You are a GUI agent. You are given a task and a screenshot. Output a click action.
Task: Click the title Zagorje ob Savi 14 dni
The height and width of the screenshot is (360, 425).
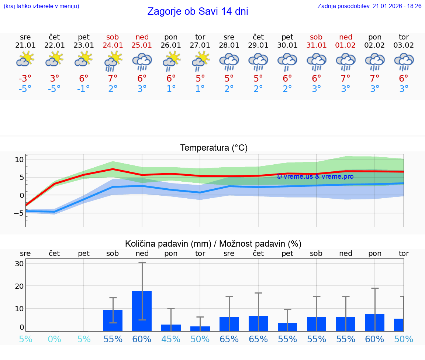tap(197, 11)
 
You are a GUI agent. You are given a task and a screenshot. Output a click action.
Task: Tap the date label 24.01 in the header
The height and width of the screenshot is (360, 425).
tap(113, 45)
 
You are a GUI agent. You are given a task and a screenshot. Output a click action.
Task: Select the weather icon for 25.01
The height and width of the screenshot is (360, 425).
tap(142, 62)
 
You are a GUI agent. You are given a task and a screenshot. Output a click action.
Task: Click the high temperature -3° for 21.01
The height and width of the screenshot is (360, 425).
tap(25, 79)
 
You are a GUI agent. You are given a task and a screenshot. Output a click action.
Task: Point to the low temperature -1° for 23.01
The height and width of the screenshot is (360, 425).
tap(83, 89)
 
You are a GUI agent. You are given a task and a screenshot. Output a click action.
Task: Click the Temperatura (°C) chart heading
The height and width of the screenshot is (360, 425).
tap(214, 148)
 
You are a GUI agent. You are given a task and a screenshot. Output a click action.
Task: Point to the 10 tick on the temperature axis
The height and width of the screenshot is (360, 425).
tap(20, 160)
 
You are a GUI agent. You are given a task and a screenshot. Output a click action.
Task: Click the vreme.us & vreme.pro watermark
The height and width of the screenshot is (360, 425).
tap(315, 176)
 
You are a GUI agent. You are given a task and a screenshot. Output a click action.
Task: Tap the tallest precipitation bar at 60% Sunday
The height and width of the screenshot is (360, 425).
tap(142, 311)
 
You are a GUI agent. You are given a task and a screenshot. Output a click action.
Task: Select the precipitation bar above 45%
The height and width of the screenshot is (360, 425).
tap(171, 328)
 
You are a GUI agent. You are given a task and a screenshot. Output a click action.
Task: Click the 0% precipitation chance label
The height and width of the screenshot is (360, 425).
tap(54, 339)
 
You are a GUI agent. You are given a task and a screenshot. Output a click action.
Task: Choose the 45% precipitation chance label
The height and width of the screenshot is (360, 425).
tap(171, 339)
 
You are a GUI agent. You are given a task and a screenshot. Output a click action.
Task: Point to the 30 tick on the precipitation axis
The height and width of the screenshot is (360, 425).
tap(20, 264)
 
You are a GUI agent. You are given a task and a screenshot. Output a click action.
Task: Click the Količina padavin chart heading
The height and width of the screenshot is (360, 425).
tap(213, 244)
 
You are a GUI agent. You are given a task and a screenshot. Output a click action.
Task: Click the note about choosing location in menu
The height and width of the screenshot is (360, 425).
tap(41, 6)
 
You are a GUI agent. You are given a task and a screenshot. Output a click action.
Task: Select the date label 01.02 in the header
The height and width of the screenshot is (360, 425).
tap(346, 45)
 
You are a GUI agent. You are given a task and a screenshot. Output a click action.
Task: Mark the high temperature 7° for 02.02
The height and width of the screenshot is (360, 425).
tap(374, 79)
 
